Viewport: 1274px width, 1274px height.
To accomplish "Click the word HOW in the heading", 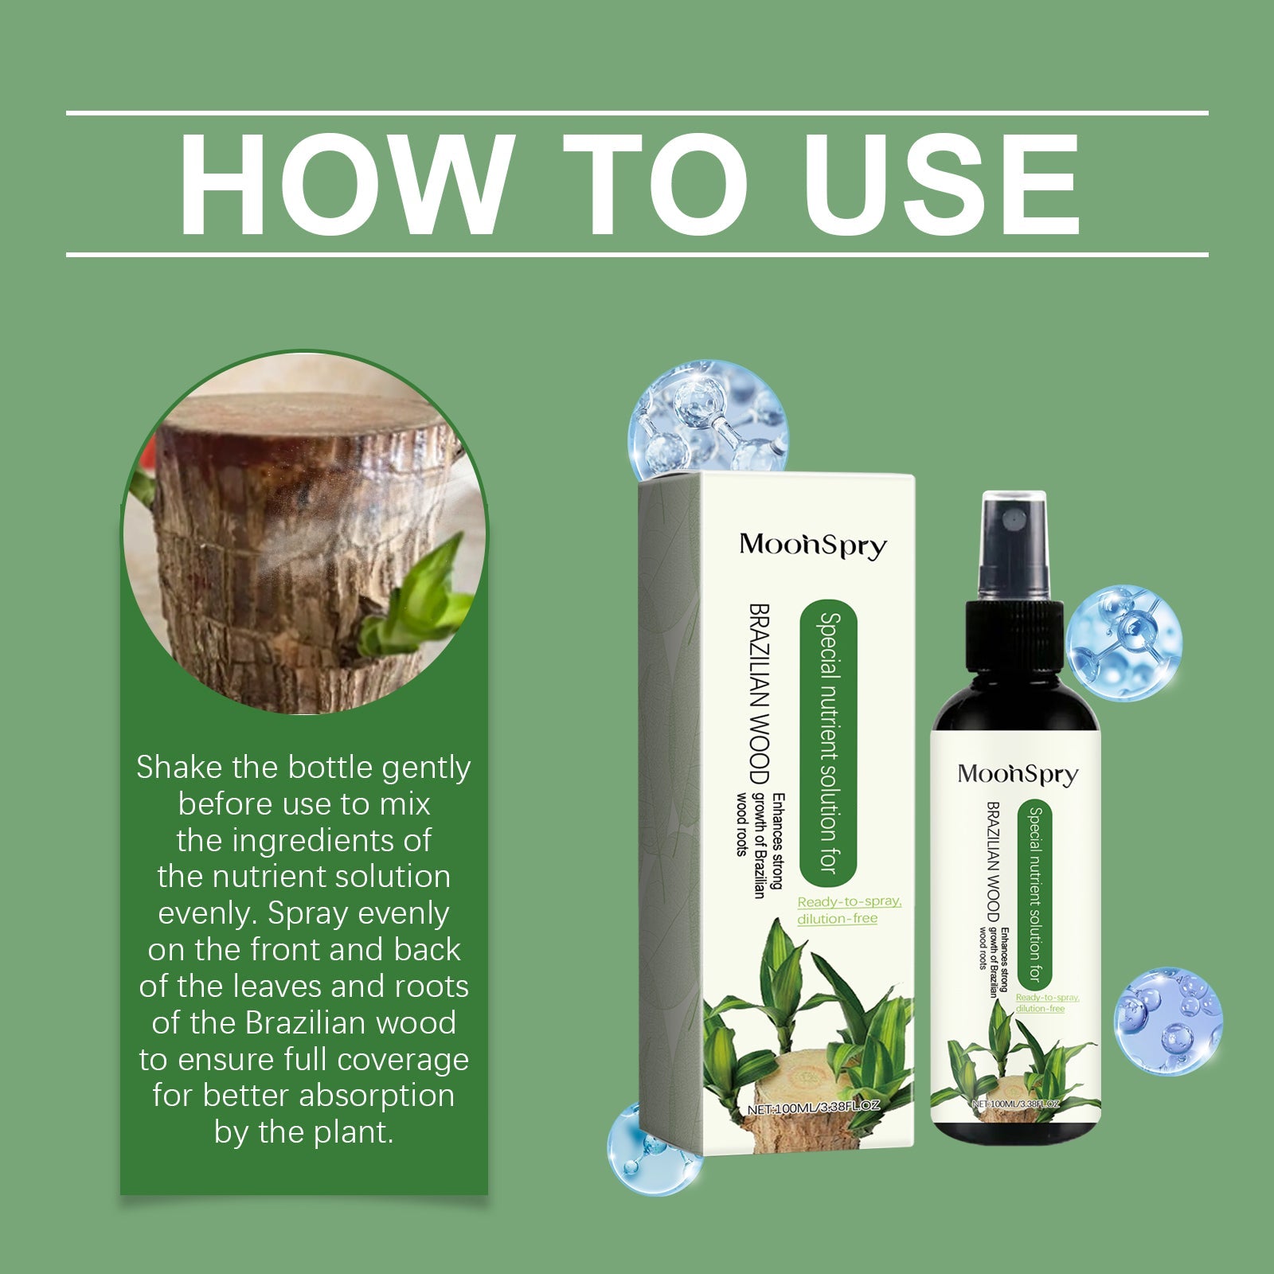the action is [343, 186].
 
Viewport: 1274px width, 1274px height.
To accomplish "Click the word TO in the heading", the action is [655, 186].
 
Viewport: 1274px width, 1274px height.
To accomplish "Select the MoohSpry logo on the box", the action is [813, 545].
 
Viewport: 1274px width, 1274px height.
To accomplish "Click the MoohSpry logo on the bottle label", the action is [1018, 774].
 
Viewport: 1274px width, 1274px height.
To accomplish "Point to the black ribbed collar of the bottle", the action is [1015, 636].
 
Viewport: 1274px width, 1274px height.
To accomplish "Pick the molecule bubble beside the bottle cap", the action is [1124, 643].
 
